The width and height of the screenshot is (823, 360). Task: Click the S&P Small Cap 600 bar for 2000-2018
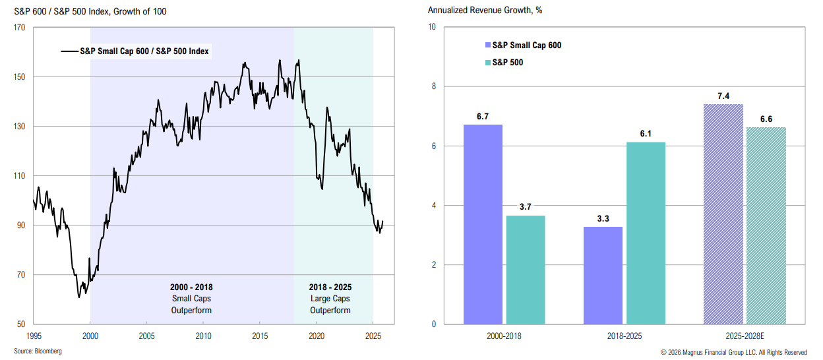pyautogui.click(x=483, y=224)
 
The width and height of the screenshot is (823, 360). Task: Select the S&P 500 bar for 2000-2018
pyautogui.click(x=525, y=270)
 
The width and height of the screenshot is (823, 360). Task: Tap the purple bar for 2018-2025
pyautogui.click(x=603, y=275)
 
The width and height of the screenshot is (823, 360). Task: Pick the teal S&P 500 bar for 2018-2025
pyautogui.click(x=646, y=233)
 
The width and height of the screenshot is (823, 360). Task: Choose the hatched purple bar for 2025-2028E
pyautogui.click(x=723, y=214)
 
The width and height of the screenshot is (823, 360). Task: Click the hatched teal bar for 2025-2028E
pyautogui.click(x=766, y=225)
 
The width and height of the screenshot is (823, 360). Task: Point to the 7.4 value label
pyautogui.click(x=723, y=96)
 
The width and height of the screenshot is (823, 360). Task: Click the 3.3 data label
pyautogui.click(x=603, y=218)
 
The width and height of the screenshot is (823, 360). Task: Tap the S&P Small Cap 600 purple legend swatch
pyautogui.click(x=488, y=45)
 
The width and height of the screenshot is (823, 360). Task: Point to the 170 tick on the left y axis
pyautogui.click(x=20, y=28)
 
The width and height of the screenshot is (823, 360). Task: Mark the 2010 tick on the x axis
pyautogui.click(x=203, y=334)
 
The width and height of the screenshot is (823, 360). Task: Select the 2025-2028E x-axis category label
pyautogui.click(x=745, y=335)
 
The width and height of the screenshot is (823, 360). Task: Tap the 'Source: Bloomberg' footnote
pyautogui.click(x=38, y=351)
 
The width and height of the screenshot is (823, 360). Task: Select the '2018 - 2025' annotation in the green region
pyautogui.click(x=330, y=287)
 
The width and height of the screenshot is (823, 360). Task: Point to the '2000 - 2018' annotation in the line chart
pyautogui.click(x=191, y=287)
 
